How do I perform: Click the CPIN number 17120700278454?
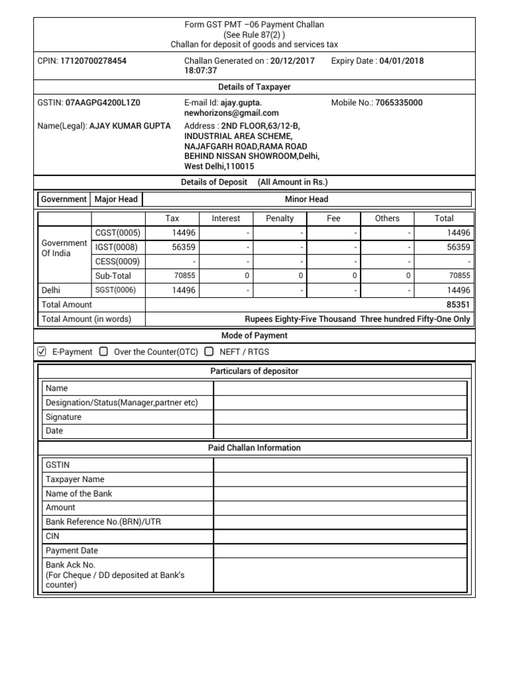93,61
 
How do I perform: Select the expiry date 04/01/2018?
401,61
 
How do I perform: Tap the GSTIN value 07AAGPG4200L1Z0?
103,103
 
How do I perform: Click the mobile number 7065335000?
398,103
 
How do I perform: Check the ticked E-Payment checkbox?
42,352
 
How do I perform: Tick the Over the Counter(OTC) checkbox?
103,352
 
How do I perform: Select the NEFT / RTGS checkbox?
209,352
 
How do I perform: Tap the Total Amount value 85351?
459,305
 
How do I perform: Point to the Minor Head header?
306,199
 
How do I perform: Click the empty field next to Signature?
340,417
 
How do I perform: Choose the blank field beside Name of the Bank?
340,493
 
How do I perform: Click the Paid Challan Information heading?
254,448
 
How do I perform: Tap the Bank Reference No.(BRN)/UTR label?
103,522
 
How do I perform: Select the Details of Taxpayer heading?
254,87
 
